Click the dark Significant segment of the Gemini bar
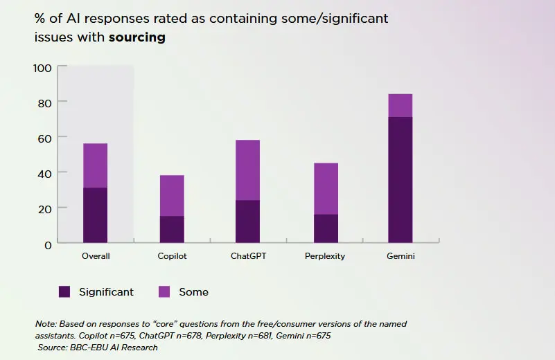pos(400,180)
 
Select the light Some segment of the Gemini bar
pos(400,105)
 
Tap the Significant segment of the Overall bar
pos(95,215)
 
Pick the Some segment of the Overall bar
pos(95,165)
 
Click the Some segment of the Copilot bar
pos(171,195)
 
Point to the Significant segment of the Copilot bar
pos(171,229)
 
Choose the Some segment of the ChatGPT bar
pos(247,170)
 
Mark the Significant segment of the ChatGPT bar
pos(247,221)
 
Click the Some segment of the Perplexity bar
pos(326,188)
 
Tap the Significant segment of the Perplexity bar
pos(326,228)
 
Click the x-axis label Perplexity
pos(325,256)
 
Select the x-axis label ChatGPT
pos(248,256)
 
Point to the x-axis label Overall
pos(96,256)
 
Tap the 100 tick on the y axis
pos(42,68)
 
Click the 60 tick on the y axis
pos(44,138)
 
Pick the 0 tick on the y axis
pos(47,244)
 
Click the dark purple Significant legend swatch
pos(65,292)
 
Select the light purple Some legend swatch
pos(165,292)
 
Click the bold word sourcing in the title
pos(136,37)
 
